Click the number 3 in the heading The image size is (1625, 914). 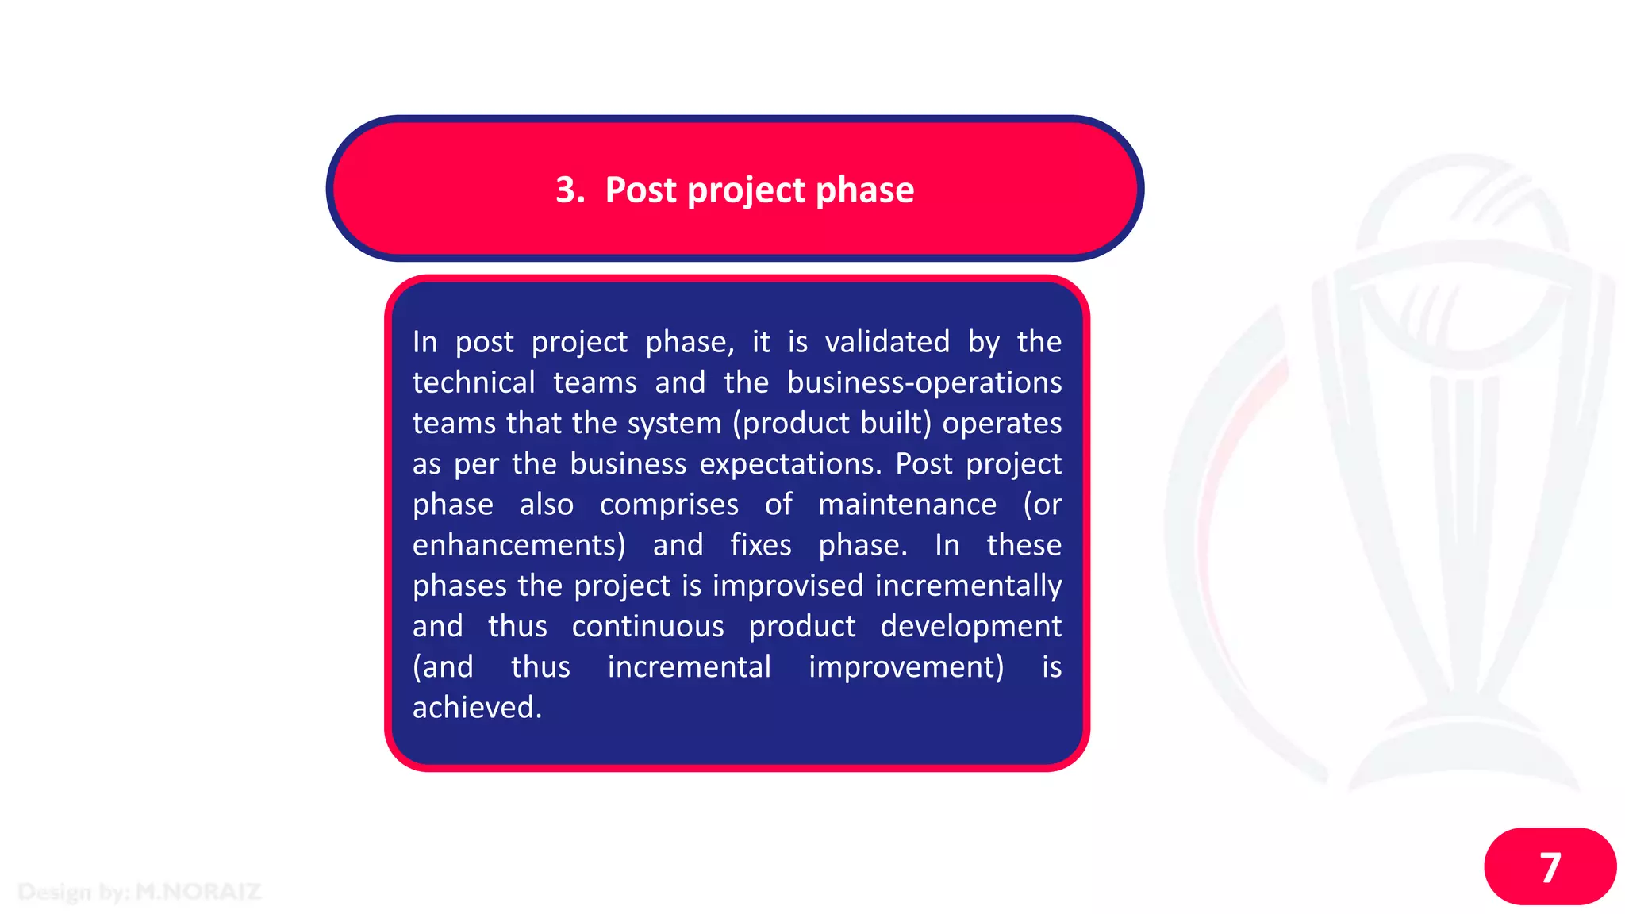coord(565,190)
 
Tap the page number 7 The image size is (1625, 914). coord(1550,867)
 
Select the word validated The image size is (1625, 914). coord(887,342)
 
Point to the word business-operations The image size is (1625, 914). coord(924,382)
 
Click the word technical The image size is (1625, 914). coord(474,382)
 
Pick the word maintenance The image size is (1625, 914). coord(907,505)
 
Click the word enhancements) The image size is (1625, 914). coord(519,545)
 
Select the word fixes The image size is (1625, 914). coord(760,545)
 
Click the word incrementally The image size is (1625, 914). coord(968,586)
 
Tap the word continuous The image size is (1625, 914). coord(647,627)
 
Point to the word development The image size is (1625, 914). coord(970,627)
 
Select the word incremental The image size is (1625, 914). coord(689,667)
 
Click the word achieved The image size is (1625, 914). coord(476,708)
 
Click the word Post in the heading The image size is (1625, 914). coord(640,190)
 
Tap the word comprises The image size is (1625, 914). coord(669,505)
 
